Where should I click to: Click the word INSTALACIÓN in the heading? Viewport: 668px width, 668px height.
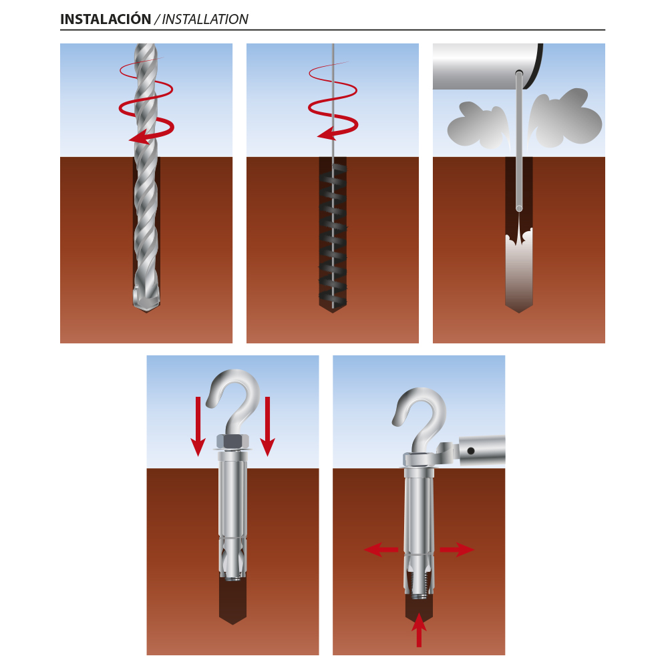tap(106, 19)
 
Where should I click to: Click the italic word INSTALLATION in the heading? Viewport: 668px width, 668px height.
tap(205, 19)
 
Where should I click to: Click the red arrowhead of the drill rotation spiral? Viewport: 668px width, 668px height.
tap(140, 137)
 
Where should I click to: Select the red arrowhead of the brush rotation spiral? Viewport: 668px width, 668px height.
tap(328, 134)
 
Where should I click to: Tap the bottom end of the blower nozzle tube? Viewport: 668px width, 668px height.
tap(519, 208)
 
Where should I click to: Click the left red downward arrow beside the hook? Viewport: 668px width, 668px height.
tap(198, 426)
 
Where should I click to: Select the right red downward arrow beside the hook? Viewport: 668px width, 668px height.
tap(268, 426)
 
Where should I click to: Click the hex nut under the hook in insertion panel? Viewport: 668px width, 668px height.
tap(232, 442)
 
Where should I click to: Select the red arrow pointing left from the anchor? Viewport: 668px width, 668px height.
tap(381, 550)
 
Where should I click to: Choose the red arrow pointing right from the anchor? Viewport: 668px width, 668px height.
tap(457, 550)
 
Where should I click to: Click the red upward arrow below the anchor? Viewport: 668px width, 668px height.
tap(420, 630)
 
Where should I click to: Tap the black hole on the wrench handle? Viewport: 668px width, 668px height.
tap(471, 451)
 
